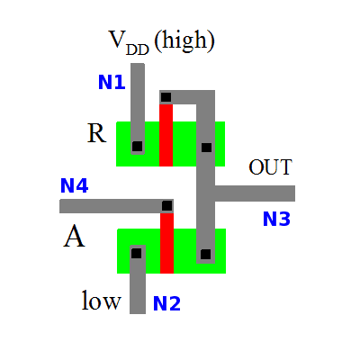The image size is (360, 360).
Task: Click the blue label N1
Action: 112,84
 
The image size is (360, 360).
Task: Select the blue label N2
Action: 166,303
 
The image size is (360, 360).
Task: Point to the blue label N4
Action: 74,187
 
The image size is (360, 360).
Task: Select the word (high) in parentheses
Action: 184,40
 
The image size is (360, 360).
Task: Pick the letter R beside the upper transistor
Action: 96,134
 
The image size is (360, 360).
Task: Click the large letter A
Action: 75,238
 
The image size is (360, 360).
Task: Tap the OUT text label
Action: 271,167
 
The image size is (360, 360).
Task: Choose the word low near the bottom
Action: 102,300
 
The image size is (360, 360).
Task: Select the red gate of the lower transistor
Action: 166,245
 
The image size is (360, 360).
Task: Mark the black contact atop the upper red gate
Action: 166,97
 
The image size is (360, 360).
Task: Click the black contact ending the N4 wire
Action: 166,206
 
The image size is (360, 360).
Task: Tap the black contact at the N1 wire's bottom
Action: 137,145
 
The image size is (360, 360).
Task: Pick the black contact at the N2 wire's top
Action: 136,254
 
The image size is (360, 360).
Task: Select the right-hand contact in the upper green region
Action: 206,147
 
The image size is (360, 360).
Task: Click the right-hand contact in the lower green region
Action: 206,255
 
